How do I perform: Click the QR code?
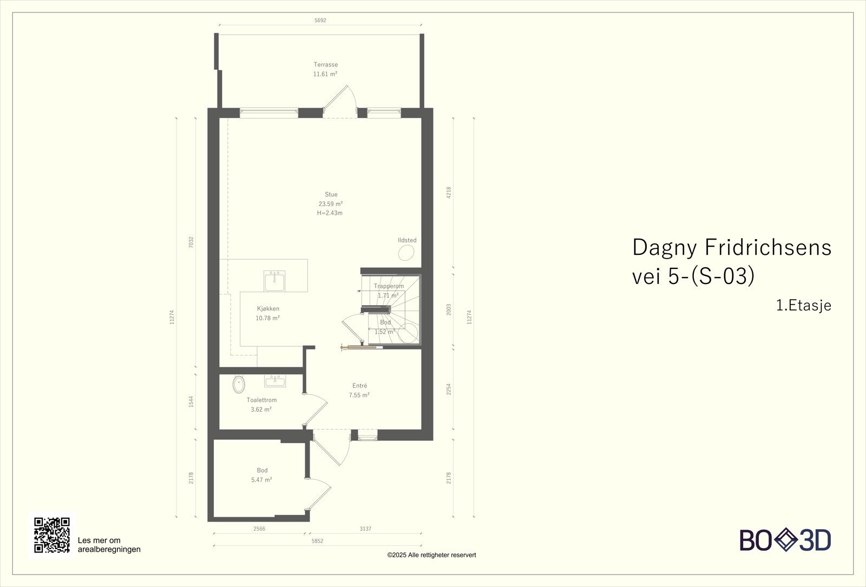click(52, 535)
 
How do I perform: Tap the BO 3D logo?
click(785, 540)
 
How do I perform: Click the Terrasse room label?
click(325, 64)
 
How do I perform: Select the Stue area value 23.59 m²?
click(331, 203)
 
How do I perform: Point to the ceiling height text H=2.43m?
click(330, 213)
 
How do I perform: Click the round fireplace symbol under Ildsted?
click(406, 253)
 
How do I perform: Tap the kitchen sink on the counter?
click(274, 281)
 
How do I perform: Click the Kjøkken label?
click(268, 309)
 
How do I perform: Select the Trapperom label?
click(389, 286)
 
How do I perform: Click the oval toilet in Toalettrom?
click(239, 385)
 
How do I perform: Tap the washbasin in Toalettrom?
click(275, 381)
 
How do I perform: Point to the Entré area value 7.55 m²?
click(359, 395)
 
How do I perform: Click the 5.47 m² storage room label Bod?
click(262, 470)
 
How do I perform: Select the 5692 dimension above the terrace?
click(320, 21)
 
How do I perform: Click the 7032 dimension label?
click(191, 242)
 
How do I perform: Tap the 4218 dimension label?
click(449, 193)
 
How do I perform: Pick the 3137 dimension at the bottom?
click(365, 529)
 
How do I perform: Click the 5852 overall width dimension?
click(317, 541)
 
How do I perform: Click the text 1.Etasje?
click(804, 306)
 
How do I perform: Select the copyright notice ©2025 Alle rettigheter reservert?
click(431, 555)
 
